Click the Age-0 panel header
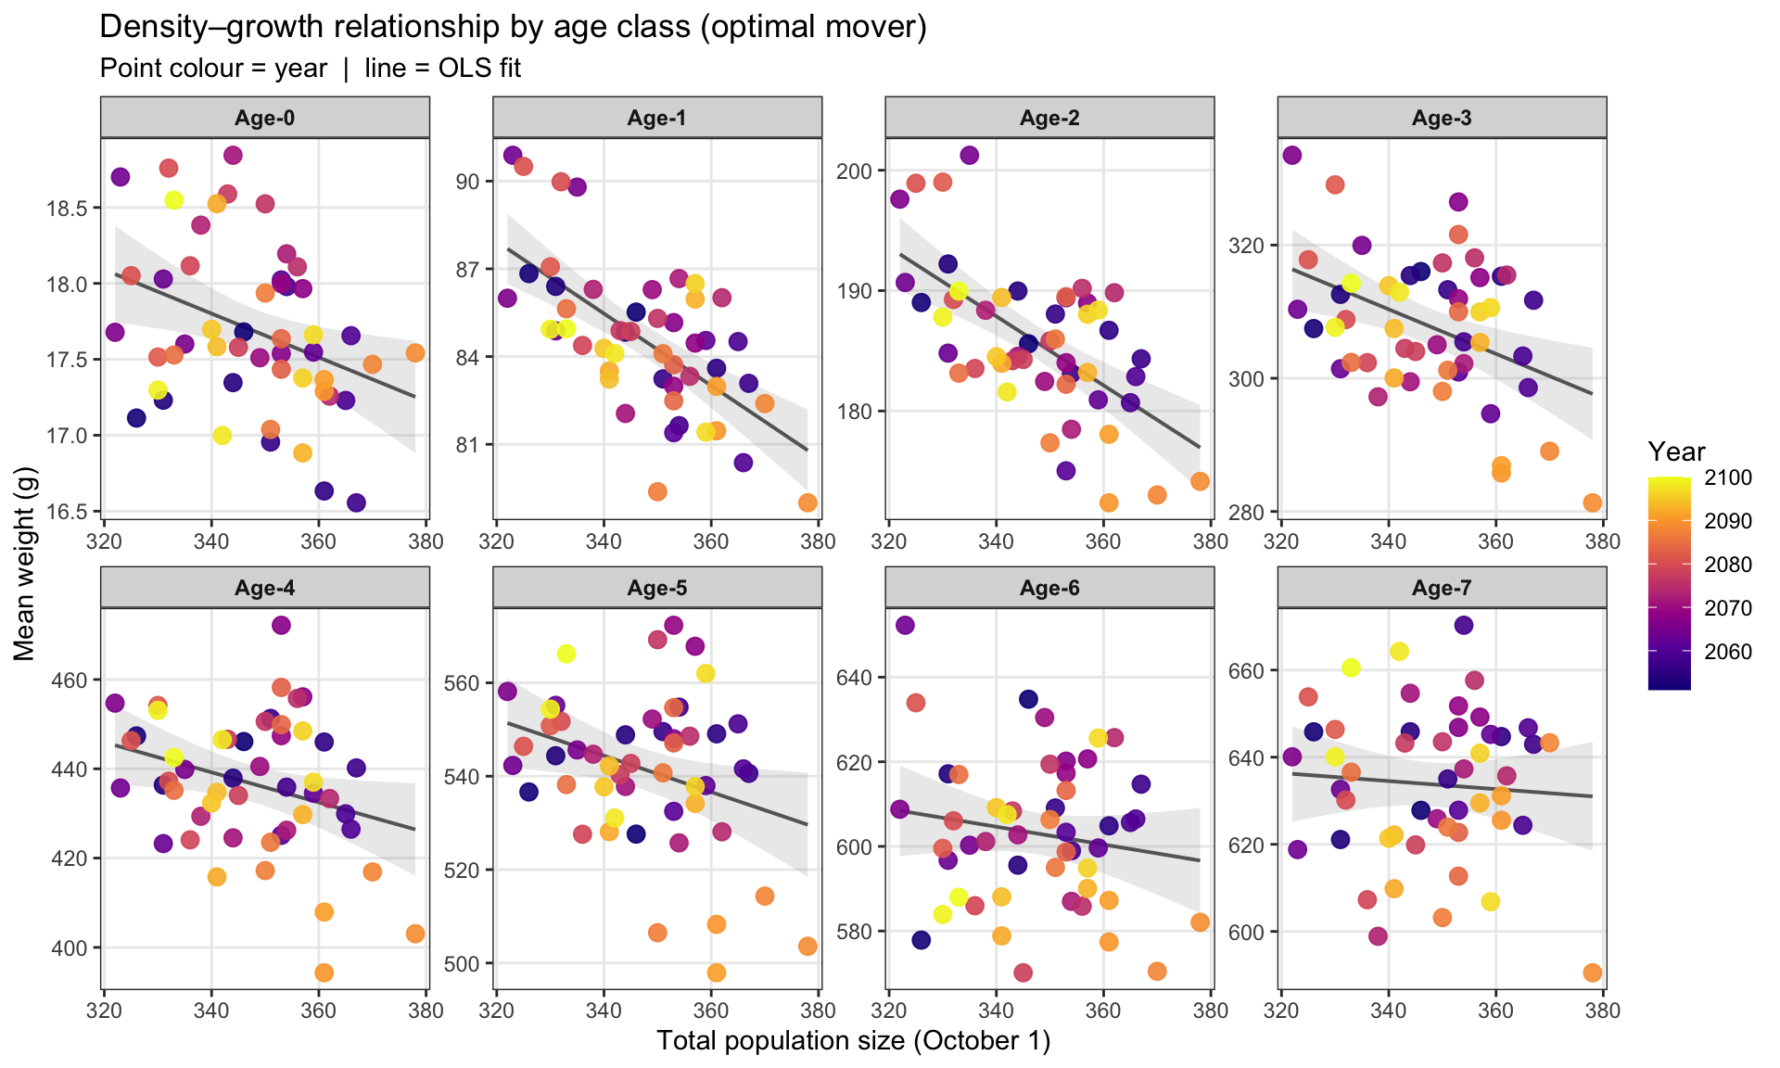click(x=264, y=118)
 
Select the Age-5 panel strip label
click(x=656, y=588)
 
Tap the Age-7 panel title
click(x=1442, y=588)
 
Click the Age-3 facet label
click(x=1442, y=118)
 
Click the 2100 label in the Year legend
click(x=1728, y=477)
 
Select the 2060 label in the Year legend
click(x=1728, y=652)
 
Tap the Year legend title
click(x=1677, y=451)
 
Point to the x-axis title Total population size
click(x=854, y=1041)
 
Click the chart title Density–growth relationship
click(x=513, y=28)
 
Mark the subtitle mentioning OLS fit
click(x=311, y=69)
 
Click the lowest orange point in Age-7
click(x=1593, y=973)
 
